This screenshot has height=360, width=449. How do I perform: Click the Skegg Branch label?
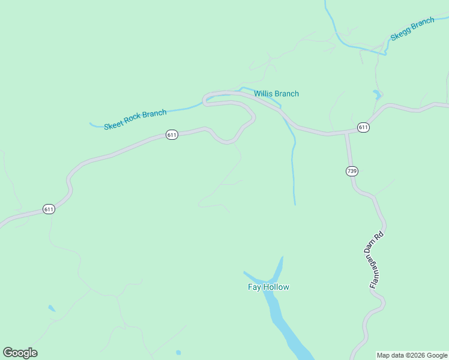coord(412,29)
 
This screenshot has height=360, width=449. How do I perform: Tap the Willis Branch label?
coord(276,94)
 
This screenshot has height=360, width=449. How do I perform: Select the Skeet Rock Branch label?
coord(135,119)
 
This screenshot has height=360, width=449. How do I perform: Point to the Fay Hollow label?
coord(268,287)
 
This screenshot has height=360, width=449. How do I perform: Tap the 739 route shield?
coord(352,172)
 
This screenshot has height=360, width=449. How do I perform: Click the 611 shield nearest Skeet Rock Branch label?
coord(172,135)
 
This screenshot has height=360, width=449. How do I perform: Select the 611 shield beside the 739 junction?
coord(363,127)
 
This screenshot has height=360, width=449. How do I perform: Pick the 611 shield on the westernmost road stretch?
coord(49,209)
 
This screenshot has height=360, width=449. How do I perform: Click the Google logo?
coord(20,353)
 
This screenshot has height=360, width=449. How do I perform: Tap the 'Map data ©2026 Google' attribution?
coord(412,355)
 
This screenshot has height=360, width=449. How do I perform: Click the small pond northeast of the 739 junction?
coord(377,94)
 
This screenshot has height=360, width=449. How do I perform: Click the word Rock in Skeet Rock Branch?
coord(135,119)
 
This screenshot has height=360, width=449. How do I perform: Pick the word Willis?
coord(264,94)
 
